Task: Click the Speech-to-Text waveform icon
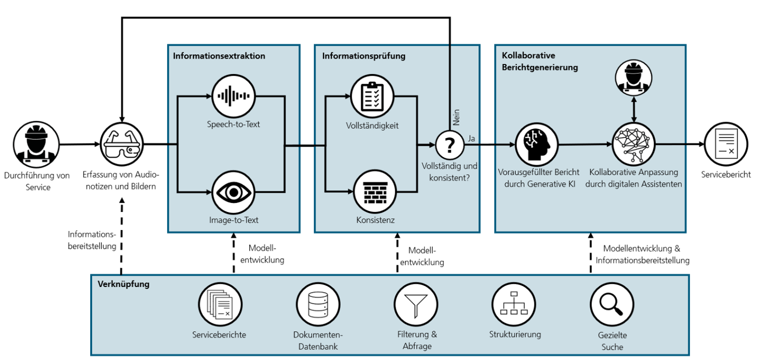[233, 96]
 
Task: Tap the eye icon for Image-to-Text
[233, 192]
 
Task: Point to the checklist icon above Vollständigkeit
[373, 96]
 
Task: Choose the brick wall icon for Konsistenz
[373, 192]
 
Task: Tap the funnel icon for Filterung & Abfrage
[416, 304]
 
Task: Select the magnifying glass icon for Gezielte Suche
[611, 304]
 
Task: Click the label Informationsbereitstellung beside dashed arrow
[92, 240]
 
